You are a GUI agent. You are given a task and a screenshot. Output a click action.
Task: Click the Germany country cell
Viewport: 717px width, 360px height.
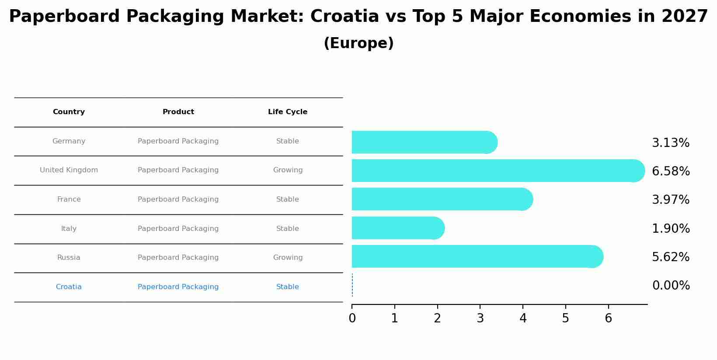point(69,141)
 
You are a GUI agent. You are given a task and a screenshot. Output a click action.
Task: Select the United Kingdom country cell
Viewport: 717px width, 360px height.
point(69,170)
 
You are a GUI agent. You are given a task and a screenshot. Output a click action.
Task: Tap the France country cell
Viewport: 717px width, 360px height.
point(69,199)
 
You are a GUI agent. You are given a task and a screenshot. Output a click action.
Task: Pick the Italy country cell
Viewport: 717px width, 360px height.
point(69,229)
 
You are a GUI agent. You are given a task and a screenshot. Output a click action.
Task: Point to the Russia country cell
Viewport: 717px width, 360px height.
point(69,258)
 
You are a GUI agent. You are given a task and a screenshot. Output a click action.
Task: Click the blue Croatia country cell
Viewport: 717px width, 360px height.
point(69,287)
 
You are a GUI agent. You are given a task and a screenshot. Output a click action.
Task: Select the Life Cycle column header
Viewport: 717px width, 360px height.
point(288,112)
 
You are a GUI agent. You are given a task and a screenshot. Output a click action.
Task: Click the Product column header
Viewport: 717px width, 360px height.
point(178,112)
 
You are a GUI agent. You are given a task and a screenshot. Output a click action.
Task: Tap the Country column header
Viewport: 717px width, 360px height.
point(69,112)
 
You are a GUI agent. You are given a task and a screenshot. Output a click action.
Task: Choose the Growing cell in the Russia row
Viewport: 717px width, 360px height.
point(288,258)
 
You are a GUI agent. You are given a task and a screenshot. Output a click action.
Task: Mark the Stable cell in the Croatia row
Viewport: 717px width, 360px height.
point(288,287)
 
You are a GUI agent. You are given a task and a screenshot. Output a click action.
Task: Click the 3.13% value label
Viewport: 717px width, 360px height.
point(671,143)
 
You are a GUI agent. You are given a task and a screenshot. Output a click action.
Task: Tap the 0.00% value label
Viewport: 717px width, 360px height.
point(671,286)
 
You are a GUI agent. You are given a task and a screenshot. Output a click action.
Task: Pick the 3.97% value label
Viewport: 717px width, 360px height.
point(671,200)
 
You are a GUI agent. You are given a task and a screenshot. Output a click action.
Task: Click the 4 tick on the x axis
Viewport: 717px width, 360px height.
point(523,318)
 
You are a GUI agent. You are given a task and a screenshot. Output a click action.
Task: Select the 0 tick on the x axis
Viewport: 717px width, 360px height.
point(352,318)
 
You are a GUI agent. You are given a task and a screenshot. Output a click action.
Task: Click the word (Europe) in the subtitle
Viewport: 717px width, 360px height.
point(358,43)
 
